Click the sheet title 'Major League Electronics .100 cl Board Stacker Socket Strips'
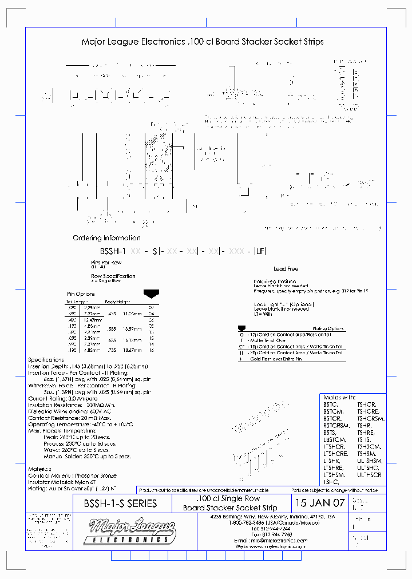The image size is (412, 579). (203, 42)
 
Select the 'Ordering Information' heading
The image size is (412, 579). (106, 238)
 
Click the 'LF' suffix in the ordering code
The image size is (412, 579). (260, 251)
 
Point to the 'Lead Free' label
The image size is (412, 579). (286, 268)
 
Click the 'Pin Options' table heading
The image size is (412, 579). (80, 294)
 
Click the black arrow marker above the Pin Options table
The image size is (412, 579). (151, 294)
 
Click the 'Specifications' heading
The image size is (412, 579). (46, 360)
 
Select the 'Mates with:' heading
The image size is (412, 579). (339, 397)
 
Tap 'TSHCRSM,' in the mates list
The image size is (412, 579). (371, 418)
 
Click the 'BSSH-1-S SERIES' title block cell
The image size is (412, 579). (116, 503)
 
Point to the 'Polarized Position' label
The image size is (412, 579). (275, 281)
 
